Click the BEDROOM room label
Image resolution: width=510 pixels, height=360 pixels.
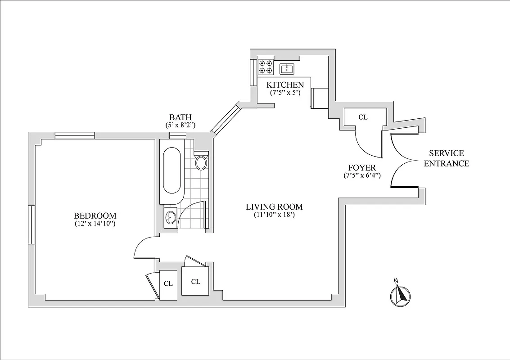click(x=95, y=216)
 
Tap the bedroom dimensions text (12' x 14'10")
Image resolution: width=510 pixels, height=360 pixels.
click(x=95, y=224)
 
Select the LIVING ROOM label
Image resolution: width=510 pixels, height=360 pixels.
click(x=274, y=207)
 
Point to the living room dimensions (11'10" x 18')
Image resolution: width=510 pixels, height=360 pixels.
click(x=274, y=215)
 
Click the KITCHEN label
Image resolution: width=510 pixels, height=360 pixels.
click(x=285, y=85)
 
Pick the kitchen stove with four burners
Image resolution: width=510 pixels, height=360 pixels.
click(x=266, y=67)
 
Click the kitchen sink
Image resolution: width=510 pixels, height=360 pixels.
click(x=287, y=69)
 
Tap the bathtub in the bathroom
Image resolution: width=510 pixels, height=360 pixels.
click(x=172, y=171)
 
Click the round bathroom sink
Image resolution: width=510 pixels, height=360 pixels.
click(x=170, y=218)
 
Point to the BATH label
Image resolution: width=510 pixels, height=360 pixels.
click(x=181, y=117)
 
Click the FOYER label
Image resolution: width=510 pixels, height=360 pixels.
click(x=362, y=167)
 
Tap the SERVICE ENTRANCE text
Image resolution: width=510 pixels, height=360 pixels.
click(x=446, y=158)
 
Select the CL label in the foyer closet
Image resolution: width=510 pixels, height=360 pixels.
click(x=363, y=117)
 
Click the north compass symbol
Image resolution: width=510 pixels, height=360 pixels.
click(x=399, y=295)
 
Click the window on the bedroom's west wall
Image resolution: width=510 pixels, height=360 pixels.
click(x=32, y=225)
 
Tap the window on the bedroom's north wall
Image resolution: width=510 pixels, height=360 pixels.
click(x=75, y=135)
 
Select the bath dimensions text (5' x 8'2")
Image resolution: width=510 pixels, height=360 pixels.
click(x=181, y=126)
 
